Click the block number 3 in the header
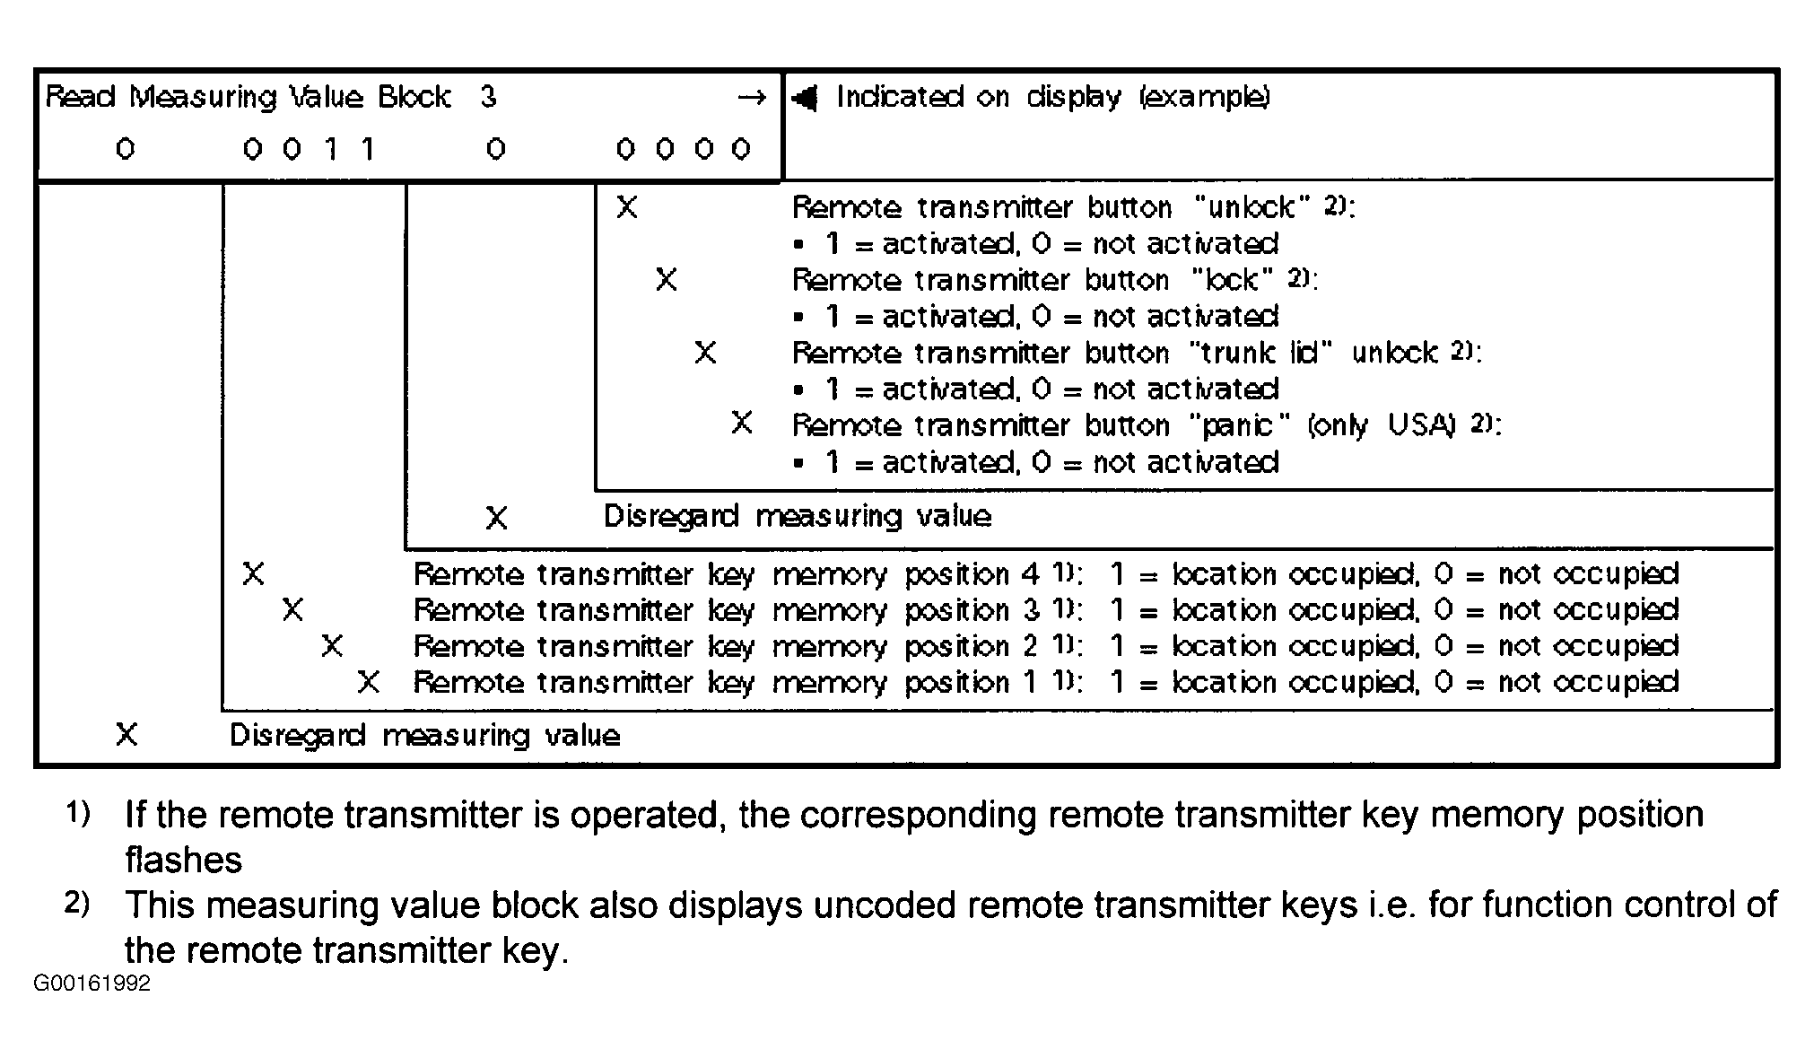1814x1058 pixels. [x=488, y=97]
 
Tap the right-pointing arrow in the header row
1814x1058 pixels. [x=752, y=97]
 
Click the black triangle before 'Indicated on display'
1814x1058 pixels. [x=806, y=98]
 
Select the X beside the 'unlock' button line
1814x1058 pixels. [x=627, y=208]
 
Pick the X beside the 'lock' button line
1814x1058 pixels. [x=666, y=280]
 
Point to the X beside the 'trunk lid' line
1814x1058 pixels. [x=705, y=353]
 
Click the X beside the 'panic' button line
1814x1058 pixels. [x=742, y=423]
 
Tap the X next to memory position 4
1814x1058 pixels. [x=253, y=574]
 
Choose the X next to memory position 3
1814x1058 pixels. [x=292, y=610]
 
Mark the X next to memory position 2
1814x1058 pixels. [x=332, y=646]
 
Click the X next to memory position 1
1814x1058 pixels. [x=368, y=683]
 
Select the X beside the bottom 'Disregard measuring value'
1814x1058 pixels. [x=126, y=736]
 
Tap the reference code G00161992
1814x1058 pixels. [x=92, y=984]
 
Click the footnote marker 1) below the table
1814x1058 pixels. [x=78, y=814]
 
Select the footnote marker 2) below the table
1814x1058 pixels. [x=78, y=903]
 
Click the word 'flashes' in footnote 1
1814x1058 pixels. [x=183, y=861]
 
